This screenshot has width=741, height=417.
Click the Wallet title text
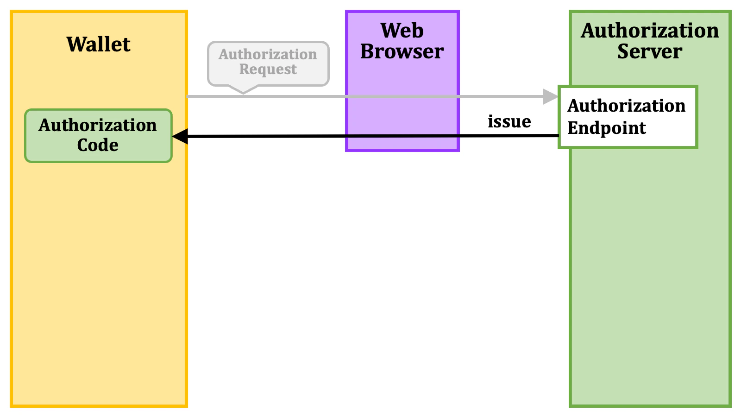click(x=98, y=44)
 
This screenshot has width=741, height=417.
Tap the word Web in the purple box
click(x=402, y=31)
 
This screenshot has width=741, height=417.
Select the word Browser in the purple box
click(x=402, y=51)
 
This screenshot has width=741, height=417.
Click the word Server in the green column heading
click(x=649, y=51)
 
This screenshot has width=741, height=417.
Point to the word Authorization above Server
click(x=649, y=31)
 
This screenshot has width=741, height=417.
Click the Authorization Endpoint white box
click(x=628, y=117)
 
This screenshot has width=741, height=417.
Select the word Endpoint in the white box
click(x=606, y=128)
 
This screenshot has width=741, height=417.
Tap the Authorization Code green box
click(x=98, y=136)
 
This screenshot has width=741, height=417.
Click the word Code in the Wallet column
click(x=98, y=145)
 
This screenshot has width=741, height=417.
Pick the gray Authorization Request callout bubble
click(x=268, y=63)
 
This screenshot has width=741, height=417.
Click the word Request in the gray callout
click(x=268, y=69)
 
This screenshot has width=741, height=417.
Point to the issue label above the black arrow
click(x=509, y=121)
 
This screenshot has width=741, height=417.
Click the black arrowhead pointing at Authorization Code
click(x=180, y=136)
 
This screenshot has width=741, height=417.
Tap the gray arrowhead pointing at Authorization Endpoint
click(x=551, y=96)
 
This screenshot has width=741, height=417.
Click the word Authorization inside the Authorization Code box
click(x=98, y=126)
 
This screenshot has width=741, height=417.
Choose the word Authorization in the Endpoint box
click(x=626, y=106)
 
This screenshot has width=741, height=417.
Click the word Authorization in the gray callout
click(x=268, y=54)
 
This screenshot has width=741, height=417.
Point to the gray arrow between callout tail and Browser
click(x=296, y=96)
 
